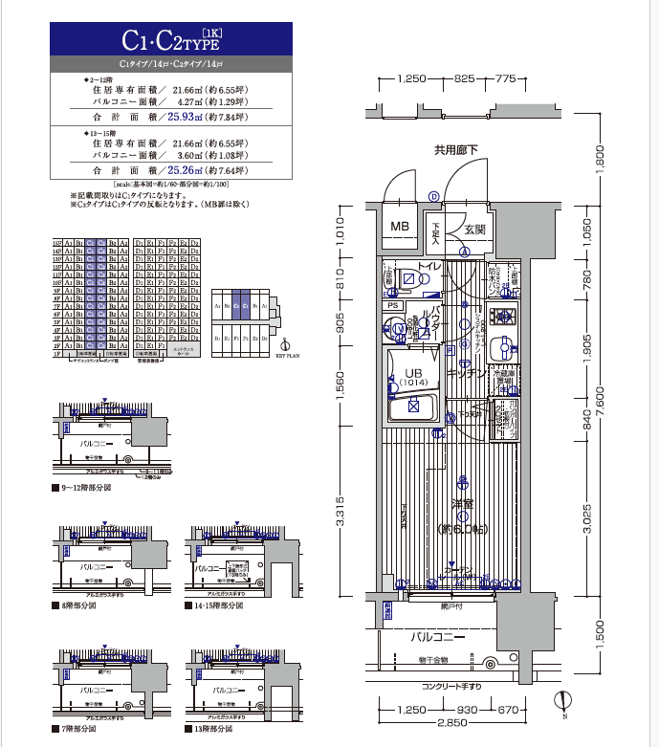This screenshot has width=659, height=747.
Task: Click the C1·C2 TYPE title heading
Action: click(171, 40)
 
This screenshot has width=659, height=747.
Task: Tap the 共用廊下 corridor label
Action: click(455, 149)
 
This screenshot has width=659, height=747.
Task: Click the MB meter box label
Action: click(399, 228)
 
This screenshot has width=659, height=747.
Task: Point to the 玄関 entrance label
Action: click(475, 230)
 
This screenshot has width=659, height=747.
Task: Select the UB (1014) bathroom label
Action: click(413, 376)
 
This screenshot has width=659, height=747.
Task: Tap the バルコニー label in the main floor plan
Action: click(438, 636)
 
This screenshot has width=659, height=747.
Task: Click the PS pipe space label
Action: click(392, 305)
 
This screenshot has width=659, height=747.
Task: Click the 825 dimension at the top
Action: click(466, 78)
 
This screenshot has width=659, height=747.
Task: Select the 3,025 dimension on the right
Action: click(586, 519)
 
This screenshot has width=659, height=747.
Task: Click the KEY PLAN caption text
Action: click(288, 353)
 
